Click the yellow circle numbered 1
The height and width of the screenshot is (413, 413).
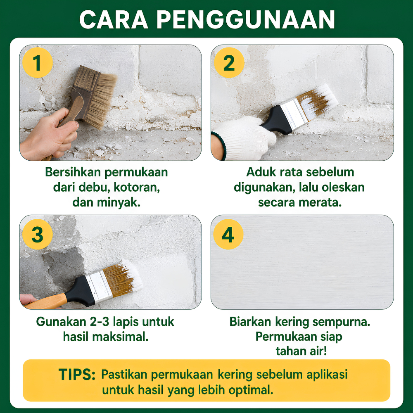pyautogui.click(x=38, y=63)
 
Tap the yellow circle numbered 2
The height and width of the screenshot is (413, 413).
pyautogui.click(x=229, y=63)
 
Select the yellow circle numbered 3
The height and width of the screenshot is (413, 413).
pyautogui.click(x=38, y=234)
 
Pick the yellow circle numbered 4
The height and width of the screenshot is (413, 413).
pyautogui.click(x=228, y=234)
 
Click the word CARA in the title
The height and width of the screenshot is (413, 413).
pyautogui.click(x=114, y=20)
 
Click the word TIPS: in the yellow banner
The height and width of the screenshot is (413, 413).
pyautogui.click(x=77, y=374)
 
